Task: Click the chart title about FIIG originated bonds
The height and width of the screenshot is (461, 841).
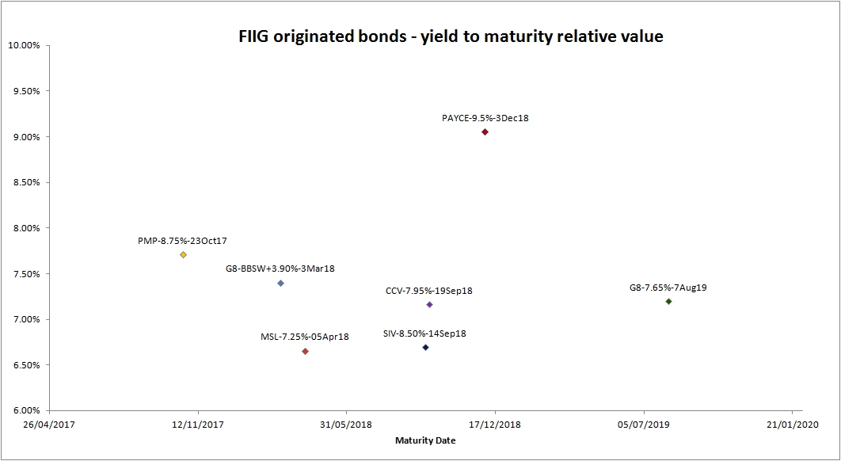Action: (x=451, y=36)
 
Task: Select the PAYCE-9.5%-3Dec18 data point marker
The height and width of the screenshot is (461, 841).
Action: (x=485, y=132)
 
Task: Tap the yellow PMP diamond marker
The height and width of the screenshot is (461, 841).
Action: (x=183, y=255)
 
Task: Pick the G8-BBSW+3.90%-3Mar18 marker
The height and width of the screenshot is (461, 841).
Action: (x=280, y=283)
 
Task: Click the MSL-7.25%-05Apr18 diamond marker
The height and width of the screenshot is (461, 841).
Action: (x=305, y=351)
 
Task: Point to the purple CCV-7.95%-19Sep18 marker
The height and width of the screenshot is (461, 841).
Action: (x=429, y=304)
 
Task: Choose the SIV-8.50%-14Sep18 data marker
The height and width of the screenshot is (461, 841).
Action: (x=425, y=347)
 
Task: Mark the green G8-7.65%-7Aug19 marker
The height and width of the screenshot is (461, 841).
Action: (x=668, y=301)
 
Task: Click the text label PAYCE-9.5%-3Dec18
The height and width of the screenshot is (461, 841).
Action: (x=485, y=118)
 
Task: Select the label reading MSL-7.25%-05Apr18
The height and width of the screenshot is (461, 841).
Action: (x=305, y=337)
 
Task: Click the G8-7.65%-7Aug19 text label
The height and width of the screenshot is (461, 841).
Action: (x=668, y=288)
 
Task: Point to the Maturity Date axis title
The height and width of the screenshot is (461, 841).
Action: (x=425, y=441)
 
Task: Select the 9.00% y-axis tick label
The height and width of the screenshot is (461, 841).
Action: (x=25, y=137)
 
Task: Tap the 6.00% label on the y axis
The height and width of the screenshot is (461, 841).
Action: (x=25, y=411)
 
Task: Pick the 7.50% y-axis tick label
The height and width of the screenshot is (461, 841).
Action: (x=25, y=274)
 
